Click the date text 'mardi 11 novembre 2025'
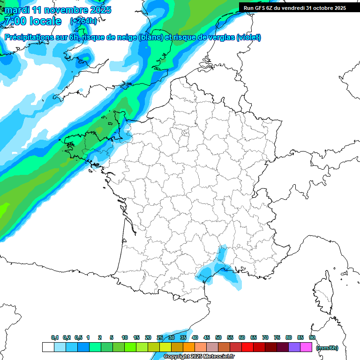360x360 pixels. [58, 10]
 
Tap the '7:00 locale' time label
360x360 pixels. [32, 21]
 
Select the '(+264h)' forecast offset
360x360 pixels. [83, 21]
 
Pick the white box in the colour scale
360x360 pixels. [48, 347]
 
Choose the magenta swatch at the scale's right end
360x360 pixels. [306, 347]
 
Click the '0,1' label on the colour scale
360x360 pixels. [55, 337]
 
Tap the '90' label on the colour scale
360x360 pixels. [312, 337]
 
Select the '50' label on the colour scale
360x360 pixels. [218, 337]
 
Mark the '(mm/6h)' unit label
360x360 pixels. [327, 348]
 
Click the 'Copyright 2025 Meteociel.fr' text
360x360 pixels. [199, 356]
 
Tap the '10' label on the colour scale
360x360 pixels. [125, 337]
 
